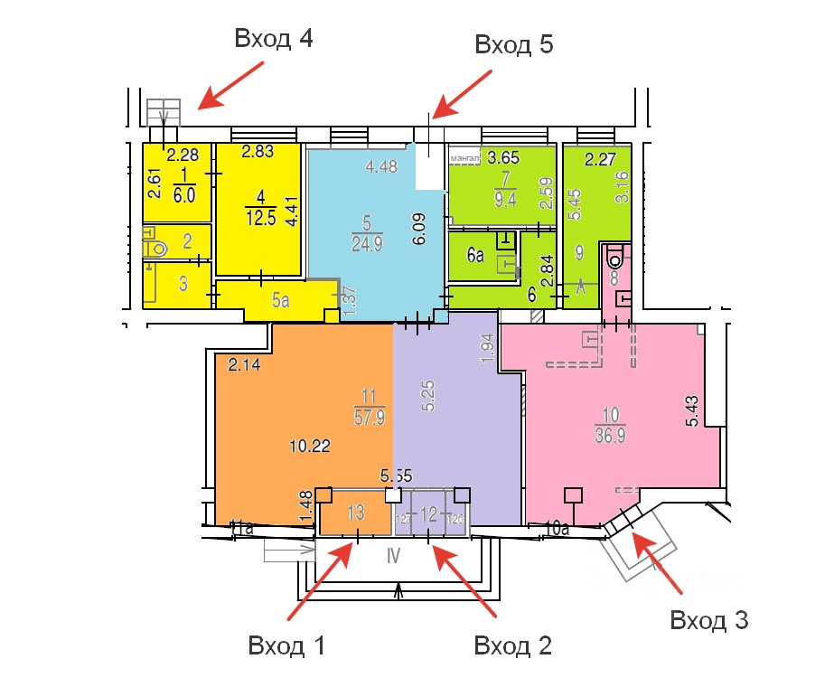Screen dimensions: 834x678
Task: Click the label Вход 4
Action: [x=274, y=39]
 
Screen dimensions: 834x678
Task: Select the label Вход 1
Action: [x=286, y=645]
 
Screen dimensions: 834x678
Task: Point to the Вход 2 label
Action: [x=513, y=645]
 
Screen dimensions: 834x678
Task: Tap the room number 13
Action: [x=356, y=513]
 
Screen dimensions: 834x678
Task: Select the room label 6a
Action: [x=475, y=256]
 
